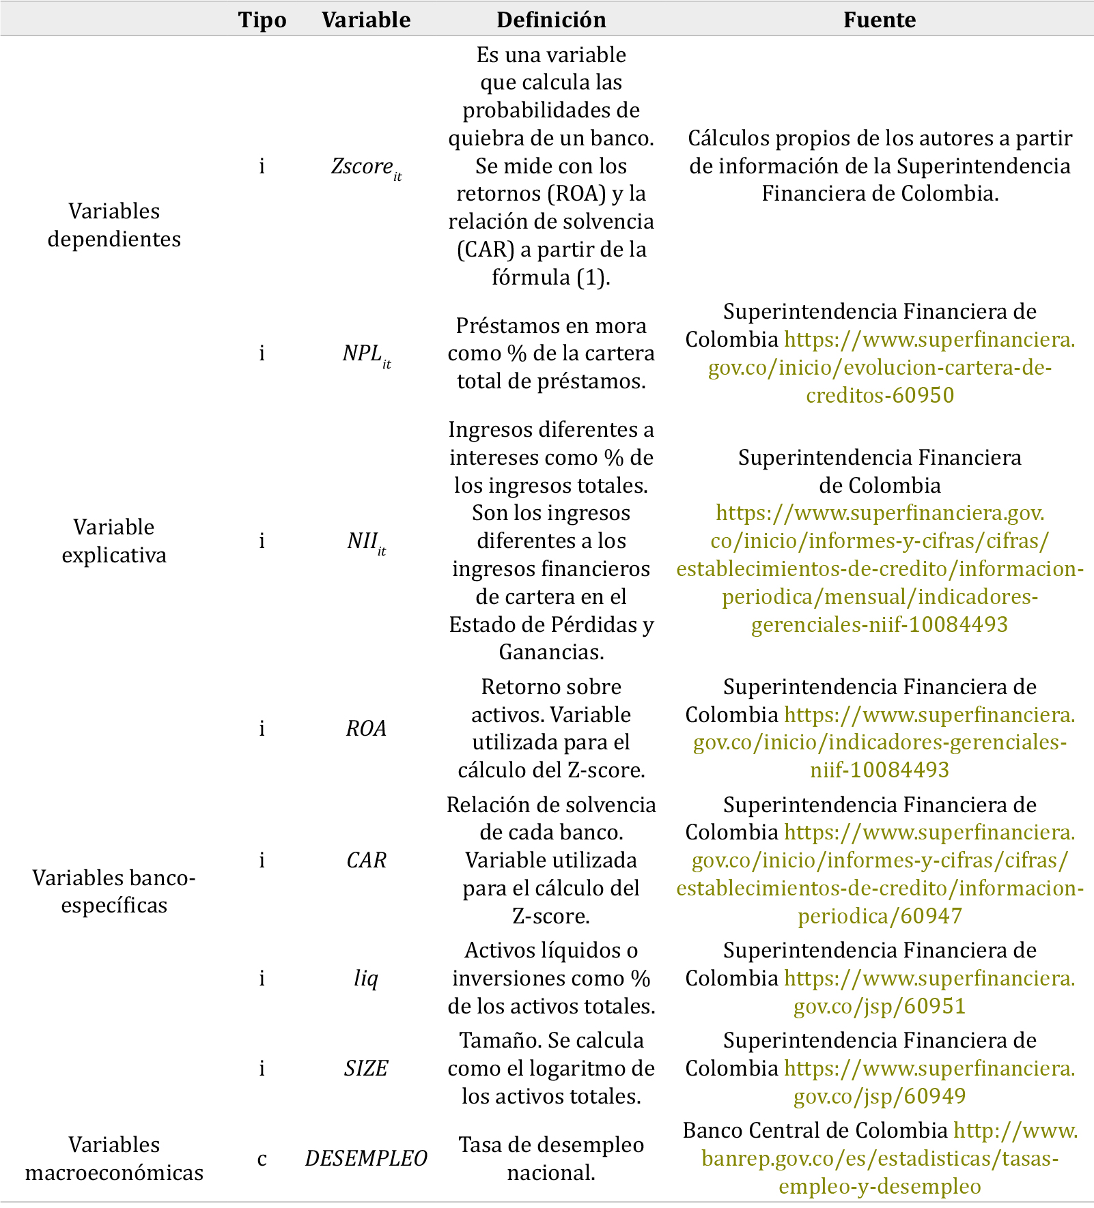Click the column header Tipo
[x=262, y=20]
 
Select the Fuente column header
[x=880, y=20]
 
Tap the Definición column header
[x=551, y=20]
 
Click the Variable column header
[x=366, y=20]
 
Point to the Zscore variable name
[x=365, y=167]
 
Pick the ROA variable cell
[x=366, y=729]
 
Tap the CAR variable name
[x=366, y=861]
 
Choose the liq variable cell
[x=366, y=979]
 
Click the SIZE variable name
[x=366, y=1069]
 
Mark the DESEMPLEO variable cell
[x=366, y=1159]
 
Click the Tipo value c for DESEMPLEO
[x=262, y=1159]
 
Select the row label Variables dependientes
[x=114, y=225]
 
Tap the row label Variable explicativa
[x=114, y=541]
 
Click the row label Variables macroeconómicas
[x=114, y=1159]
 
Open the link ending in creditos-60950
[x=880, y=396]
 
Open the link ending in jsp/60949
[x=880, y=1097]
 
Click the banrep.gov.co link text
[x=880, y=1159]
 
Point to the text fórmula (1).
[x=550, y=278]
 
